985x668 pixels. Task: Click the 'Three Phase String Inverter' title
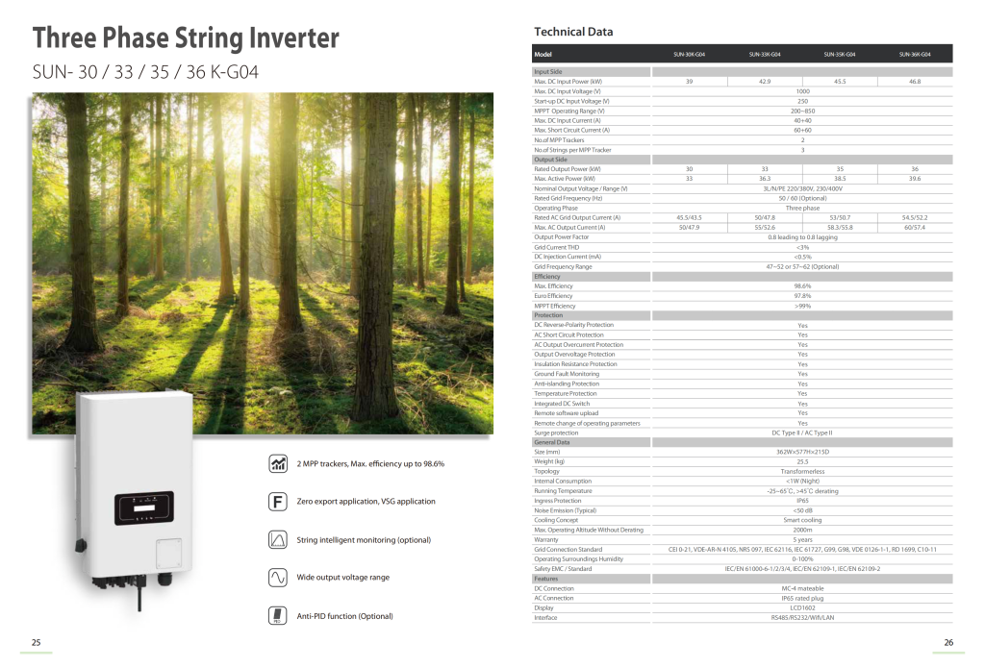pos(186,37)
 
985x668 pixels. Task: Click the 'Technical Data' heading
pos(573,32)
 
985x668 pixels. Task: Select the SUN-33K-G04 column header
pos(764,55)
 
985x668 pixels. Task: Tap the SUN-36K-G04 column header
pos(915,55)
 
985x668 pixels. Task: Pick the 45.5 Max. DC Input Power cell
pos(840,82)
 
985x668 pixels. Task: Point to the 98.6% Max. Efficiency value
pos(802,285)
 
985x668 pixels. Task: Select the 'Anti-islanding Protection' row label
pos(567,383)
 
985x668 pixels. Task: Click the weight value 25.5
pos(802,461)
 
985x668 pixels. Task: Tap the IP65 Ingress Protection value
pos(802,501)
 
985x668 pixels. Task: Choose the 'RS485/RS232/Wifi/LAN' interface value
pos(802,618)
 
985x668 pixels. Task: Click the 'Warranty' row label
pos(545,539)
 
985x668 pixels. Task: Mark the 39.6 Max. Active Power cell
pos(915,179)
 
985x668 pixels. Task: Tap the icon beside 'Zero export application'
pos(278,502)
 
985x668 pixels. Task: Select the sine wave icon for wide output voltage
pos(278,578)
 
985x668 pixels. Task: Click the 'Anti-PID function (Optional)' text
pos(344,616)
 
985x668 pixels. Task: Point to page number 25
pos(37,642)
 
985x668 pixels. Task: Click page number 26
pos(947,642)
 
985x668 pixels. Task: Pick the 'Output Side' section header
pos(551,160)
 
